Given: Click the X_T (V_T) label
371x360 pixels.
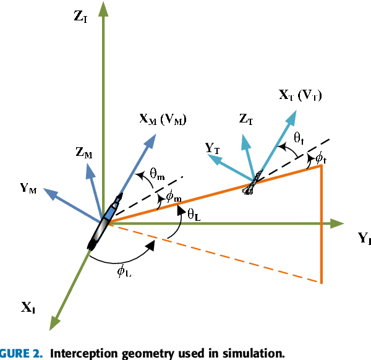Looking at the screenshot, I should click(301, 95).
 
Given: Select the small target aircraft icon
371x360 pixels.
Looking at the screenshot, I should click(254, 182).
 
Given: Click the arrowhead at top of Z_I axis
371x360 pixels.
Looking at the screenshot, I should click(103, 9).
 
